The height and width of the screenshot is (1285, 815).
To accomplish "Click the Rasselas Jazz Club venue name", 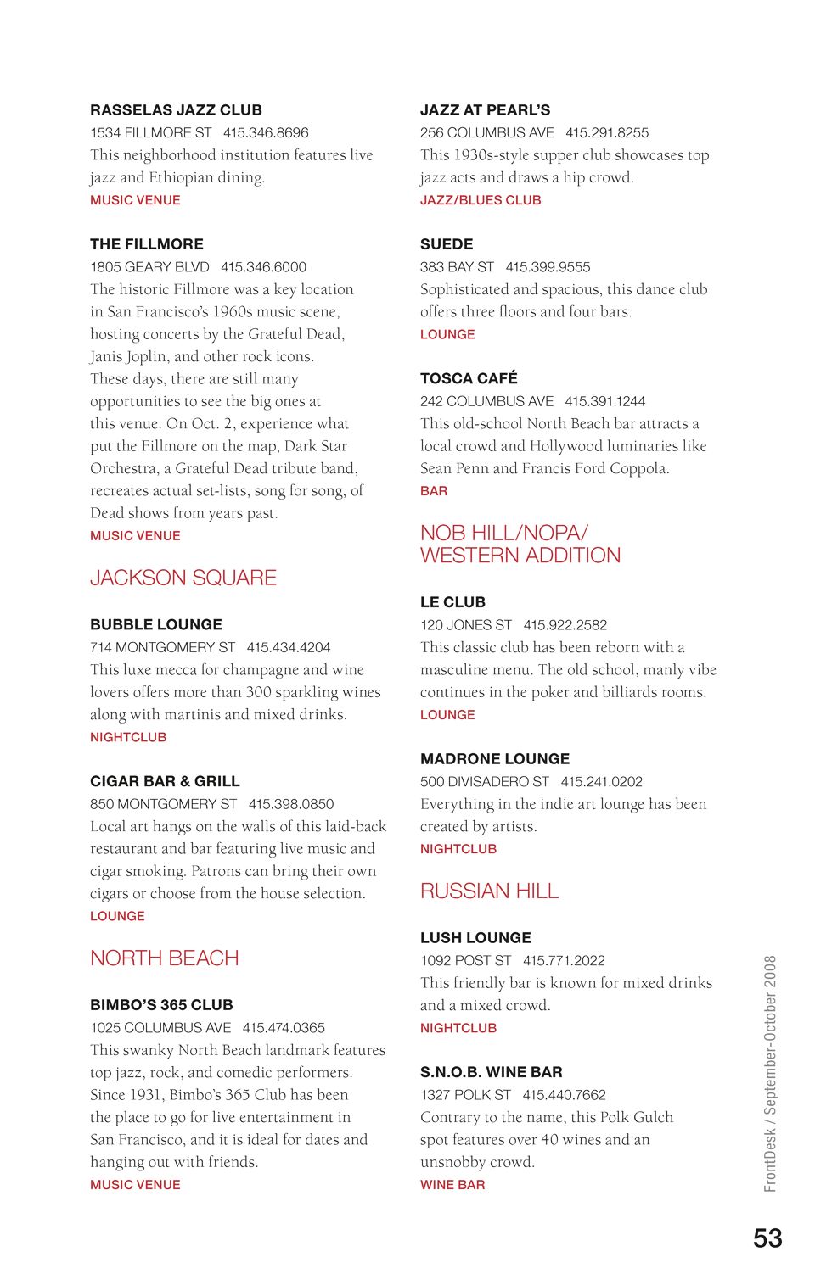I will pos(176,110).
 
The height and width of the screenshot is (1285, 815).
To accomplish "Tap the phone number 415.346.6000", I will pos(263,267).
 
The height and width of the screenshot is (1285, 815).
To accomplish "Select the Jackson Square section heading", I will pos(183,578).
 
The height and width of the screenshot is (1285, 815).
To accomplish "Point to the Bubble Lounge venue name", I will pos(156,624).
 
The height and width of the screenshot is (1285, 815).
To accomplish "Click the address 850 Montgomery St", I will pos(163,804).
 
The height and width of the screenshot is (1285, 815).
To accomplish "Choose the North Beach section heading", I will pos(165,958).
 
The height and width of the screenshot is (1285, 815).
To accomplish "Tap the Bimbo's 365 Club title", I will pos(161,1005).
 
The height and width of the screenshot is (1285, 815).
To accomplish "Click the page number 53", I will pos(767,1238).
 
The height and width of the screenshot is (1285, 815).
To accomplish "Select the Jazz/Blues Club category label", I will pos(481,200).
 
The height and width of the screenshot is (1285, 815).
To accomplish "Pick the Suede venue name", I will pos(447,244).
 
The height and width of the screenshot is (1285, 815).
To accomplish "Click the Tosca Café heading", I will pos(469,378).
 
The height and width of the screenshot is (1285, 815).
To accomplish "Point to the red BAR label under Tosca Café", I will pos(434,491).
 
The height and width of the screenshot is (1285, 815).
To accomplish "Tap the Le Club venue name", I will pos(452,602).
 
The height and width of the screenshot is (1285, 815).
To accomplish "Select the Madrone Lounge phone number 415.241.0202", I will pos(601,782).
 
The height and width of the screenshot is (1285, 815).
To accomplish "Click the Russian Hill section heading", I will pos(489,891).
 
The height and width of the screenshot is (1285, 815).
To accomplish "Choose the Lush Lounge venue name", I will pos(475,938).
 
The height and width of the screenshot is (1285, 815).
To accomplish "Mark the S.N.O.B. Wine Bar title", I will pos(491,1072).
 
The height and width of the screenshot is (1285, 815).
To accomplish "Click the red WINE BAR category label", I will pos(452,1185).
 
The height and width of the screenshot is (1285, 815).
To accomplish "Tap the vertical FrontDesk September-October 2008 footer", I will pos(770,1073).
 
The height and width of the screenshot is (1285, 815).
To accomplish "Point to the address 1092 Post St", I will pos(465,961).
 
